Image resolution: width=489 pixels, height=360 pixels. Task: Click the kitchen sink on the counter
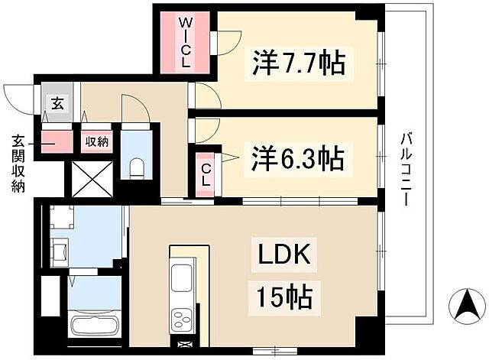pyautogui.click(x=183, y=277)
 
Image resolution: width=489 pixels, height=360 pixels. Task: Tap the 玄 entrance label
pyautogui.click(x=57, y=102)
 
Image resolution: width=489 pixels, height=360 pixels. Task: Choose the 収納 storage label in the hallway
pyautogui.click(x=96, y=141)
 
